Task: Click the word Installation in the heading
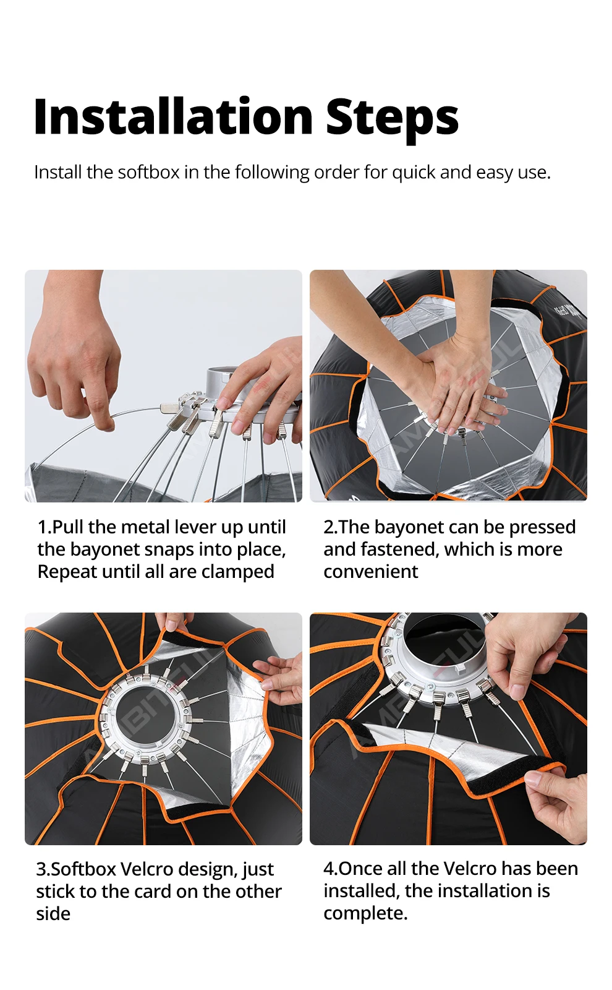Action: tap(174, 116)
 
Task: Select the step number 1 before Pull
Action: tap(41, 527)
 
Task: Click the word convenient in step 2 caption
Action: tap(371, 572)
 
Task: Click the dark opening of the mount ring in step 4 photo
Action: tap(446, 646)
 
